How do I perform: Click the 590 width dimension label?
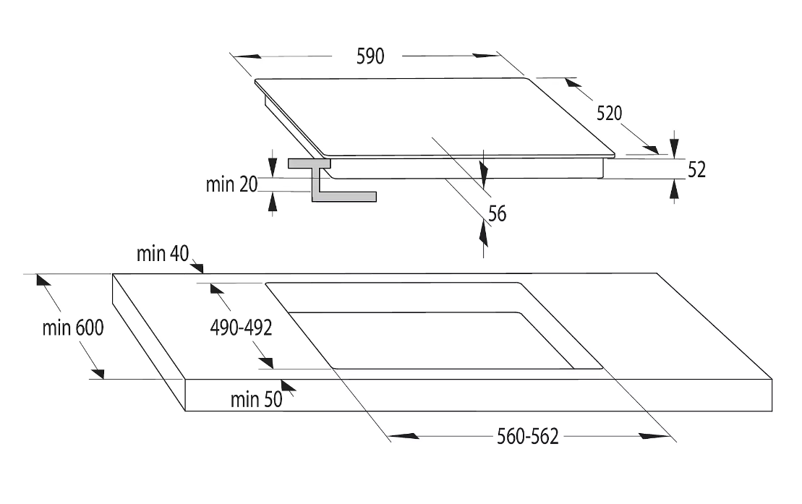pos(370,56)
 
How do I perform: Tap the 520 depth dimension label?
pos(609,113)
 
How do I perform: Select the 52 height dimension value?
pos(696,170)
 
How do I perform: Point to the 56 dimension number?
pos(497,214)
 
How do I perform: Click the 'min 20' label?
pos(231,184)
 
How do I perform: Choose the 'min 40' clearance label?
pos(163,253)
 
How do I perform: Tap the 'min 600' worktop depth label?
pos(73,328)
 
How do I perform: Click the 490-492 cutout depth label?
pos(241,328)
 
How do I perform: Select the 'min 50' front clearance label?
pos(256,400)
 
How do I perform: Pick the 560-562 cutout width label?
pos(528,437)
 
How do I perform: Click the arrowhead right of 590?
pos(485,55)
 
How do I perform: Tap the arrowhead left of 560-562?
pos(404,436)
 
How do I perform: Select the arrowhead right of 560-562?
pos(655,436)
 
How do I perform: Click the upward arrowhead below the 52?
pos(675,191)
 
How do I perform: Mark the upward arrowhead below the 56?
pos(483,233)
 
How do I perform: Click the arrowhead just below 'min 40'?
pos(197,267)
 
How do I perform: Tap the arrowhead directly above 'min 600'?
pos(43,280)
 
